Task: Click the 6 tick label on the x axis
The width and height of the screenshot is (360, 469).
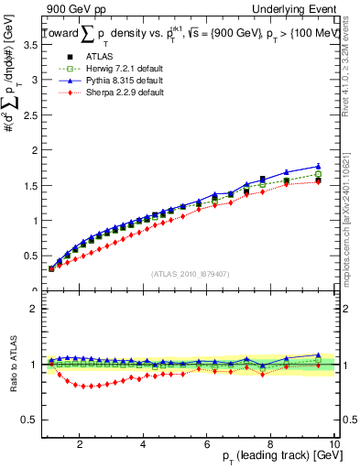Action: (207, 443)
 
